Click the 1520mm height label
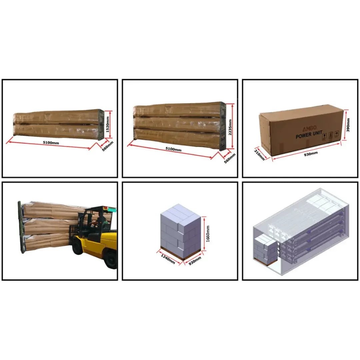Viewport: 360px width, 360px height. coord(108,124)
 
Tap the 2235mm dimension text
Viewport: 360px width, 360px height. coord(230,127)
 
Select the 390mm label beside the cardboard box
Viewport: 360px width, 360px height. coord(348,125)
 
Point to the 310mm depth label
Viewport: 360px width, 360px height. coord(259,154)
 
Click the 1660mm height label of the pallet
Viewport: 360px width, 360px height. coord(208,233)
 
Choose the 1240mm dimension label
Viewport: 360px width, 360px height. coord(168,259)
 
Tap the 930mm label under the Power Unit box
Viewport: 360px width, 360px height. coord(311,154)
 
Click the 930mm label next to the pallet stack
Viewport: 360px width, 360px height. coord(195,261)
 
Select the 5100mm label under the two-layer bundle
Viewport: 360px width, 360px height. coord(51,143)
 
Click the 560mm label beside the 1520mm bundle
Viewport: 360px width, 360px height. coord(107,146)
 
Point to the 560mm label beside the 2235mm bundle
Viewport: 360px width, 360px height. coord(230,158)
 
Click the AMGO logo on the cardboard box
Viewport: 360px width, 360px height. coord(309,128)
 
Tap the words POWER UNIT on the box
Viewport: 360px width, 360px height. coord(309,135)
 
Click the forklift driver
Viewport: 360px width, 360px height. coord(98,222)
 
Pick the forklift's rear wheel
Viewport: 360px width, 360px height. coord(110,260)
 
